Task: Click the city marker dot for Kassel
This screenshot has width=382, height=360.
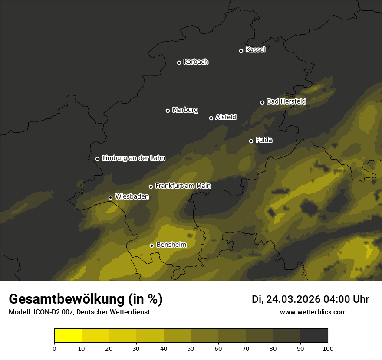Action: point(241,51)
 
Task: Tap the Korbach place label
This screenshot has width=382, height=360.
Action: point(196,62)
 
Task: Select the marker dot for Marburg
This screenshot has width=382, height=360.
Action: point(168,111)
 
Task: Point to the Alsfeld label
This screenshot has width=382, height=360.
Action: point(226,117)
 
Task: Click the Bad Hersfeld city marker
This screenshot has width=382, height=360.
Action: point(262,102)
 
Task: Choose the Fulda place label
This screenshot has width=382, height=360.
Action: point(264,140)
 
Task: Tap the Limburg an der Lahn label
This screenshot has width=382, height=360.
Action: point(134,158)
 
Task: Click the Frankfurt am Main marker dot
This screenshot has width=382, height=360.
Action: point(151,187)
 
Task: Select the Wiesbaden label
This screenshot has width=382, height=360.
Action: point(132,197)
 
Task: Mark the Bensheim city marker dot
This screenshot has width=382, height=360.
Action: point(151,245)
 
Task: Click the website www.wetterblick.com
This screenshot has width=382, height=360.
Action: point(313,312)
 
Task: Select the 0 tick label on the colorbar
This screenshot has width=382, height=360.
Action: point(54,348)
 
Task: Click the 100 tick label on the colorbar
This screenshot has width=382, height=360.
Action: point(328,348)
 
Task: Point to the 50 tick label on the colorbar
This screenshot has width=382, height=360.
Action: point(191,348)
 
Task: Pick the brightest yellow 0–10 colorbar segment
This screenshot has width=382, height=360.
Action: point(68,336)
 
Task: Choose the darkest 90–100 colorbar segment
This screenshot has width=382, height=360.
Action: point(314,336)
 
